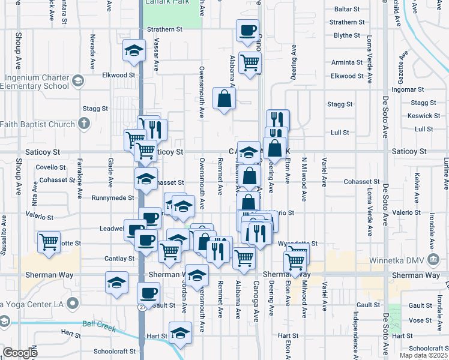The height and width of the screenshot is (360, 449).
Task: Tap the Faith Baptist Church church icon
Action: [84, 124]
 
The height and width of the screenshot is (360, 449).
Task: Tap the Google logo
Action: [20, 353]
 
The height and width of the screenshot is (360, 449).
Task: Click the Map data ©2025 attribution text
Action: [424, 355]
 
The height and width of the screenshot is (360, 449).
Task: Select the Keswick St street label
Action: [423, 116]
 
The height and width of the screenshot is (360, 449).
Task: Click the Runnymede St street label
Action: [113, 197]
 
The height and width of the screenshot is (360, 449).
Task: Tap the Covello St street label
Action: [50, 167]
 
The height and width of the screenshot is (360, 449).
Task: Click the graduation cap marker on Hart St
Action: [179, 332]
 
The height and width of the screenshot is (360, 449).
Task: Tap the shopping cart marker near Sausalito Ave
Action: [49, 242]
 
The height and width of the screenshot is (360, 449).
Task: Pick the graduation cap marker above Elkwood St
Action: [134, 51]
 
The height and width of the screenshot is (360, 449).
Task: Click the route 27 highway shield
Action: [142, 308]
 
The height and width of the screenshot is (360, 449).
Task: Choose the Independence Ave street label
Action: [355, 328]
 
